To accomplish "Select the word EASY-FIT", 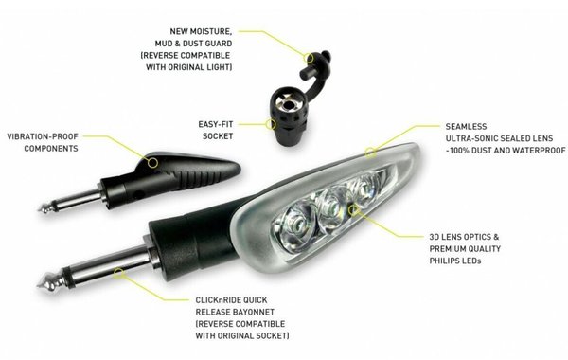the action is coord(216,124).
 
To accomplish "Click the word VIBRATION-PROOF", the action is coord(43,136).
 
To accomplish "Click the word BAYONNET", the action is coord(253,312).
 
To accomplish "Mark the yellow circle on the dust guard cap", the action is coord(309,58).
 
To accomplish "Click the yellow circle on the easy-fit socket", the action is coord(270,124).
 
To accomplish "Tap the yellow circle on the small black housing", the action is coord(152,162).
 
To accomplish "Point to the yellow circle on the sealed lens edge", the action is coord(370,153).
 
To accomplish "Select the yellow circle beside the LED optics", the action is coord(353,209).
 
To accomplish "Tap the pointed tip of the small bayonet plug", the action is coord(39,209).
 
